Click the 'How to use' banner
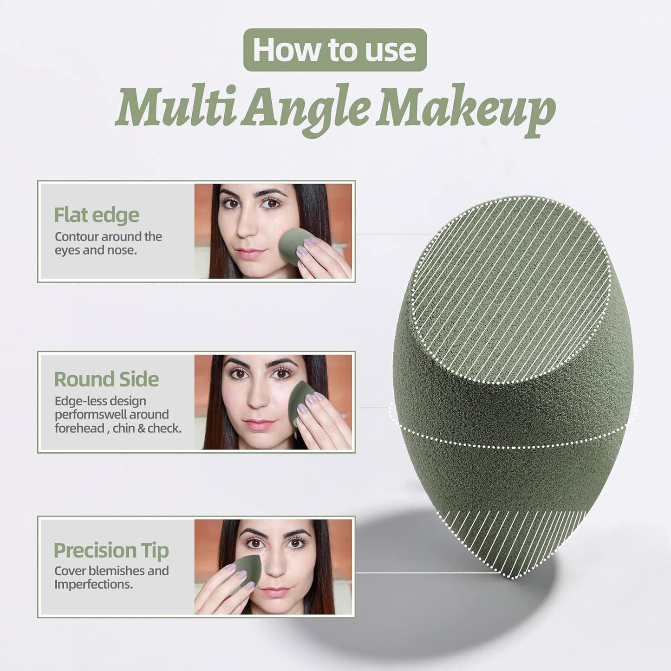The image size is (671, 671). [335, 50]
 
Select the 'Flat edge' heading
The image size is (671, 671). [97, 215]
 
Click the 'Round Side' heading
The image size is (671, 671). [106, 379]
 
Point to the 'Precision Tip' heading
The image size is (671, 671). [111, 551]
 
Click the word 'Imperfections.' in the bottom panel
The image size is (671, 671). [94, 584]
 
